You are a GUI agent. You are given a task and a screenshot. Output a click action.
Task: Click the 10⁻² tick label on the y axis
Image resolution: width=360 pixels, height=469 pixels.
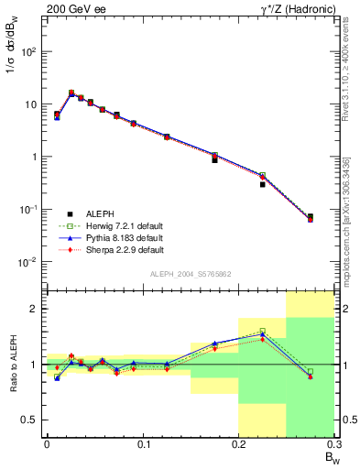pos(28,262)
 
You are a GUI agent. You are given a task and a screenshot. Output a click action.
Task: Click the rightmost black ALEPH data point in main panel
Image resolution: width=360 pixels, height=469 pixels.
pos(310,217)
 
